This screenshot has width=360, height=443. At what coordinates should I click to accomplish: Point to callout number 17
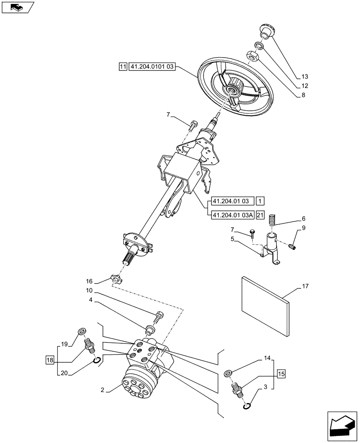point(306,287)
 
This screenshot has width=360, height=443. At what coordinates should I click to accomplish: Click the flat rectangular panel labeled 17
point(265,305)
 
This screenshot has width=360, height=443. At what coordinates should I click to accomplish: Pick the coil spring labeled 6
point(274,219)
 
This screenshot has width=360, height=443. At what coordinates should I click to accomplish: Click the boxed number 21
point(260,215)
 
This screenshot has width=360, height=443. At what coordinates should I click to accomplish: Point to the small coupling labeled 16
point(116,279)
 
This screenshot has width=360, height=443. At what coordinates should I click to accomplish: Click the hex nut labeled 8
point(251,56)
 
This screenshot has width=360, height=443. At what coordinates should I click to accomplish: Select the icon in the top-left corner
point(18,7)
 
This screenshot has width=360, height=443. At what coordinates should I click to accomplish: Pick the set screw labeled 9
point(292,246)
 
